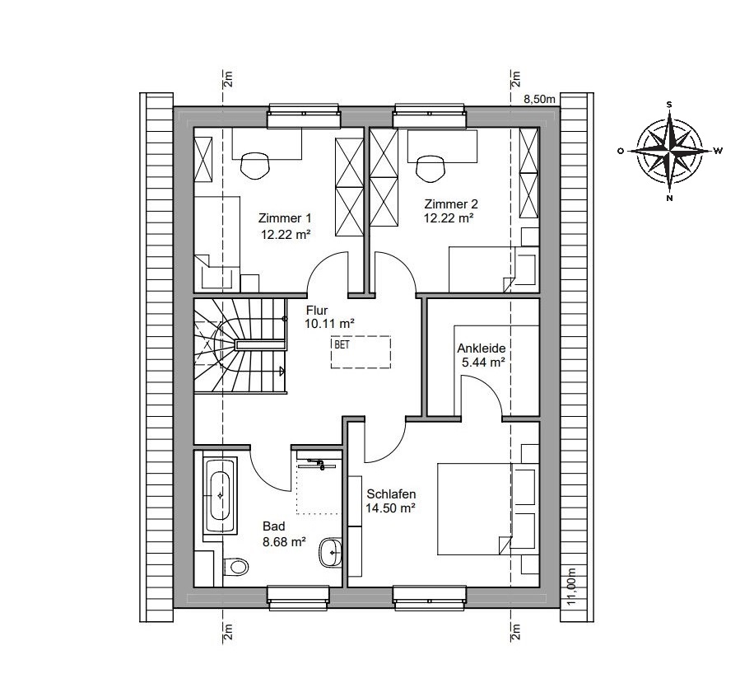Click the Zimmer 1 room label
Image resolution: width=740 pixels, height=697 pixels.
(285, 218)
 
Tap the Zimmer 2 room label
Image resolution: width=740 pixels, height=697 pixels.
(451, 204)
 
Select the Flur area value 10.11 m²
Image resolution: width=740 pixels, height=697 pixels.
(329, 324)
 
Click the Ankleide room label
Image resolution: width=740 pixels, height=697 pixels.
(481, 348)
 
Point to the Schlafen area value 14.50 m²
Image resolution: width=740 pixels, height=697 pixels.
(390, 508)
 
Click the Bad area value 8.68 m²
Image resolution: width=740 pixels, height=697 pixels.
(284, 541)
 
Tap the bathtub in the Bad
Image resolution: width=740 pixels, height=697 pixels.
(220, 495)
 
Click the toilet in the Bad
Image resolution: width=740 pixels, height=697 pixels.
(235, 566)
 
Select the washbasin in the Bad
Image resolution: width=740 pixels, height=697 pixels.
(331, 553)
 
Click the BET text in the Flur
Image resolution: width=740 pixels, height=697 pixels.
(342, 344)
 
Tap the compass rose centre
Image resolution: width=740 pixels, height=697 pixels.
(669, 151)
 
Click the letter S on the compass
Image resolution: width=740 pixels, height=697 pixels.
(669, 105)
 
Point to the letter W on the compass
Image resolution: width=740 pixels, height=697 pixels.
(718, 151)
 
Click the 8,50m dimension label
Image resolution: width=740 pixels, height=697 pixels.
(539, 99)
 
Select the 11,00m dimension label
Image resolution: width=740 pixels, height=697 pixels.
(572, 586)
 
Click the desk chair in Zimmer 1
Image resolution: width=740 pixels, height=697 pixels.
(255, 166)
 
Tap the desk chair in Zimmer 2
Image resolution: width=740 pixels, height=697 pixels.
(431, 167)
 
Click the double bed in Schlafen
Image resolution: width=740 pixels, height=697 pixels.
(488, 508)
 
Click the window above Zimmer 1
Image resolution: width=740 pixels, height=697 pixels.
(304, 115)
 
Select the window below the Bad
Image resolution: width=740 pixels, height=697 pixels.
(297, 598)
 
